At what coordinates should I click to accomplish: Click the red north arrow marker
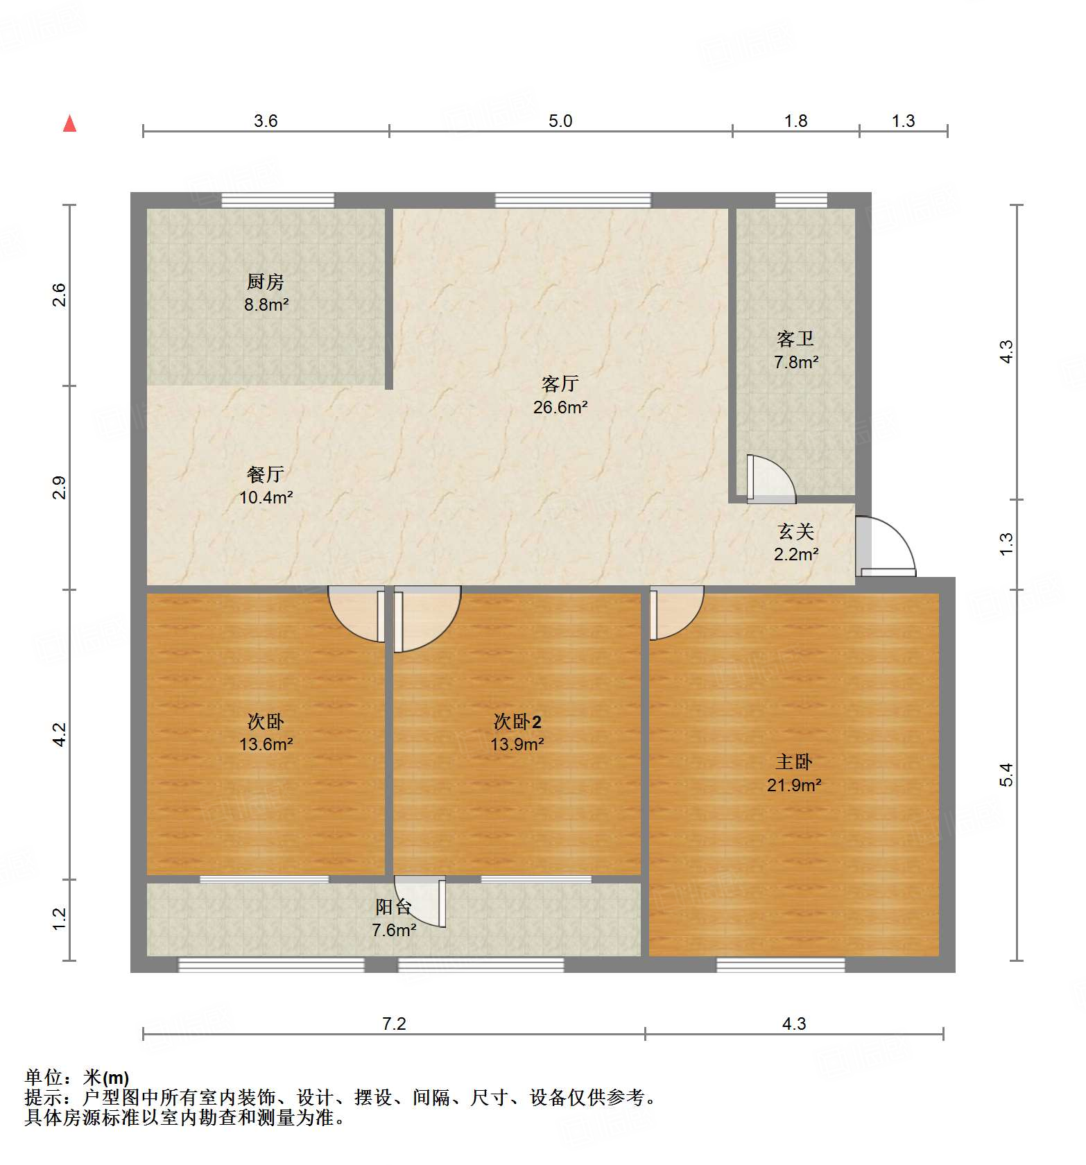[69, 123]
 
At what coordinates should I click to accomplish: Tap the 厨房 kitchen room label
[266, 282]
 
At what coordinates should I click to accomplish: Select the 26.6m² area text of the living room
[560, 407]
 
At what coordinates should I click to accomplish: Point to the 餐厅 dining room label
[266, 474]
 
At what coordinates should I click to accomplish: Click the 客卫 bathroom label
[795, 339]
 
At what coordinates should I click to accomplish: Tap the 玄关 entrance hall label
[795, 531]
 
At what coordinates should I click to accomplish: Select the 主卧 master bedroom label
[793, 762]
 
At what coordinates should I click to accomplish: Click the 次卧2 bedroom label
[517, 722]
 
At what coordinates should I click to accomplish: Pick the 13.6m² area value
[266, 745]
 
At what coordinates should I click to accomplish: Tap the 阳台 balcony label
[393, 907]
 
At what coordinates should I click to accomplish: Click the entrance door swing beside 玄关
[886, 547]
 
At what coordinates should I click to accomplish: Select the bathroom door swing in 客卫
[770, 478]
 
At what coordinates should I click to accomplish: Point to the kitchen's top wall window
[277, 200]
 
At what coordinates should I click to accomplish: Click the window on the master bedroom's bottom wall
[780, 965]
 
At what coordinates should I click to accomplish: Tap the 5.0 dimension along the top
[560, 121]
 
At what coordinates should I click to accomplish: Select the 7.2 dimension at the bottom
[394, 1024]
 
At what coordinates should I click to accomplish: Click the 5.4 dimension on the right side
[1006, 775]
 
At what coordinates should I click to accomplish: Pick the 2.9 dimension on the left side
[60, 487]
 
